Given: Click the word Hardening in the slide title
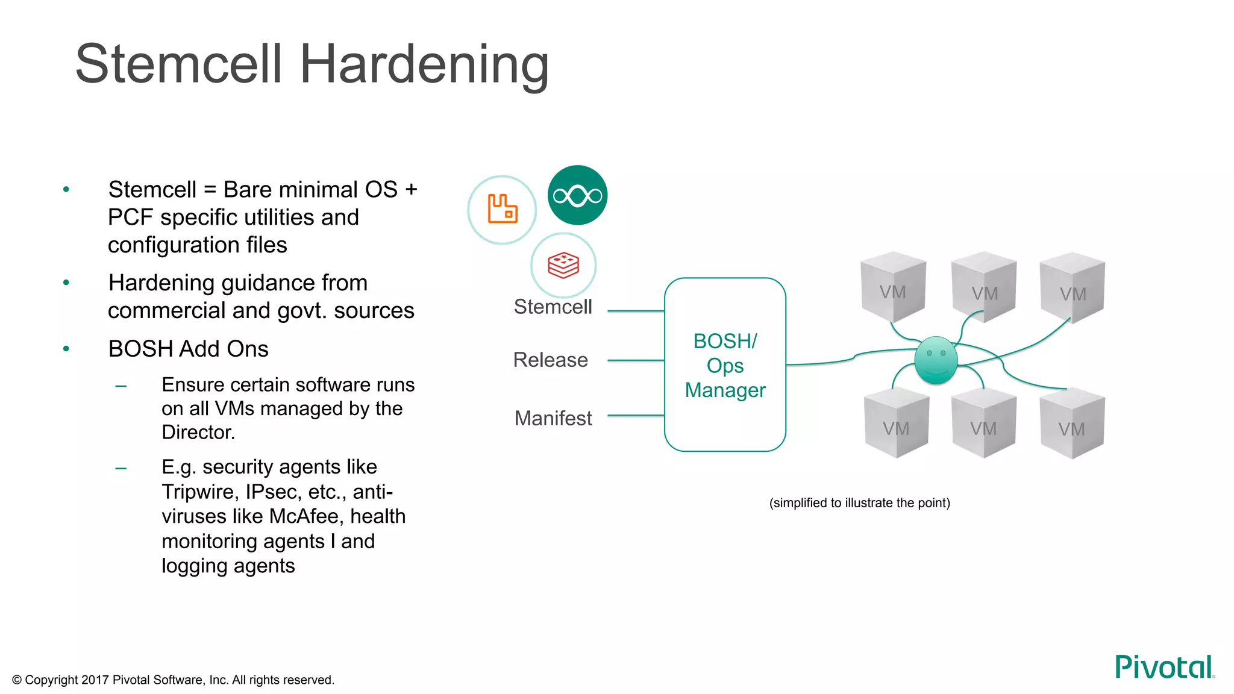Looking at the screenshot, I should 424,65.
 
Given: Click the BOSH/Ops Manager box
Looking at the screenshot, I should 725,364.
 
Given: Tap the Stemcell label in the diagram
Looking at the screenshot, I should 553,307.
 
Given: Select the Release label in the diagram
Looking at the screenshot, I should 550,360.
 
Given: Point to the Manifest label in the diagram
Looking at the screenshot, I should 553,418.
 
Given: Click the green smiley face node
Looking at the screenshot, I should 936,360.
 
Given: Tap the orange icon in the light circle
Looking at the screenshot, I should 502,209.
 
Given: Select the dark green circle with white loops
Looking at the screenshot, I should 577,195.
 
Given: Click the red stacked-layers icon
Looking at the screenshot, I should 563,265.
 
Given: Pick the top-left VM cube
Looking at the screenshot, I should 893,287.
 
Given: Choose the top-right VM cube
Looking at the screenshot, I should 1073,289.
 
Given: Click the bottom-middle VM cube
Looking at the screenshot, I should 983,424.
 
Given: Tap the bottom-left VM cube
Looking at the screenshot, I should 896,424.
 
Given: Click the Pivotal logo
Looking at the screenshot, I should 1164,667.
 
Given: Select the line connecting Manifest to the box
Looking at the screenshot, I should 636,416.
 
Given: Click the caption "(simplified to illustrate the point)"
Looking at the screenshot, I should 859,503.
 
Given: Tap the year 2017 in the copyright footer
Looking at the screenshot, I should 95,680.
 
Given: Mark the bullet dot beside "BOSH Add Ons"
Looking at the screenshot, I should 66,349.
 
